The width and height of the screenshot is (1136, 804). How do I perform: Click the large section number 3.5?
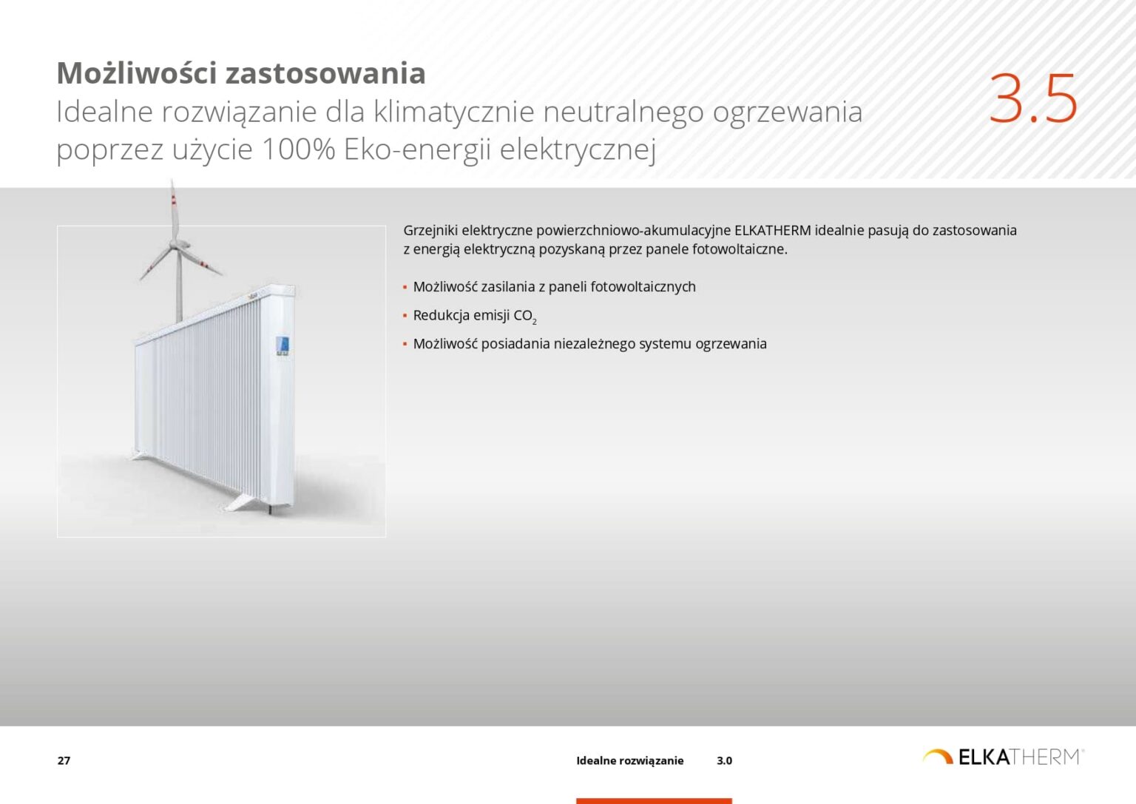(x=1032, y=98)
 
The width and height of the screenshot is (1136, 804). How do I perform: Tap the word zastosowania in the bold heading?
(x=325, y=73)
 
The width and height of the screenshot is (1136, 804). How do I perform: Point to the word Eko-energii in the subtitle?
(x=418, y=149)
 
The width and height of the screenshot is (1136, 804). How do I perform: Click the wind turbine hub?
(x=176, y=245)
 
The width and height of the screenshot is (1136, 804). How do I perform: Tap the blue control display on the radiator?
(x=282, y=345)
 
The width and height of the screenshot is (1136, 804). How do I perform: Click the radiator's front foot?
(x=244, y=502)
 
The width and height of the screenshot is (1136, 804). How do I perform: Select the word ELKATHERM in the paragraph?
(x=772, y=230)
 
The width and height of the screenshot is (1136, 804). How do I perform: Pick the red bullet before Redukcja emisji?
(x=405, y=316)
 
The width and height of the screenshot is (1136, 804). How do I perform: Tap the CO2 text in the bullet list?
(x=524, y=316)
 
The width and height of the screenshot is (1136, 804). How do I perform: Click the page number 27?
(x=64, y=760)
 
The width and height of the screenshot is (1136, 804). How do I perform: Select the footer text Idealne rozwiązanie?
(x=629, y=760)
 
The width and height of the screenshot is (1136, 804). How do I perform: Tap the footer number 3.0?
(x=724, y=760)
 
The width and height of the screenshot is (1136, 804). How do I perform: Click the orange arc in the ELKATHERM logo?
(x=937, y=755)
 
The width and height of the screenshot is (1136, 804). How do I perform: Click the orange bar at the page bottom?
(x=654, y=800)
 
